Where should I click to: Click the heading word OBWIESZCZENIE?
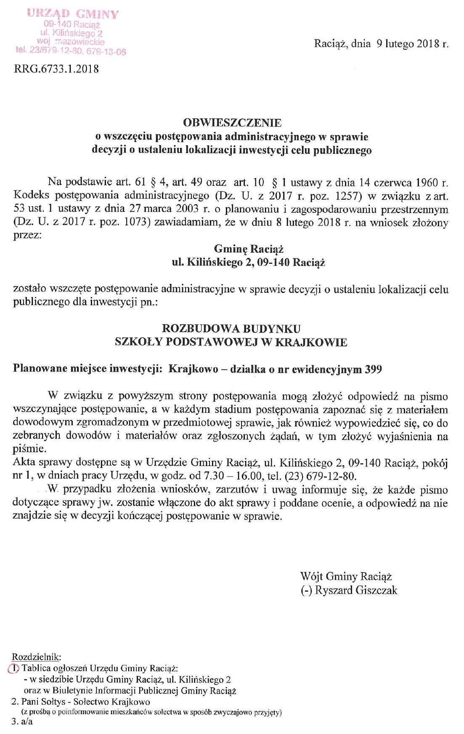pyautogui.click(x=232, y=123)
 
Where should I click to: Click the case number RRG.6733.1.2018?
pyautogui.click(x=56, y=69)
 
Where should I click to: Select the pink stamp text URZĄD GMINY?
pyautogui.click(x=73, y=14)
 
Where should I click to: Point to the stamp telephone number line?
pyautogui.click(x=71, y=51)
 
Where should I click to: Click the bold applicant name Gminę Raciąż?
pyautogui.click(x=249, y=249)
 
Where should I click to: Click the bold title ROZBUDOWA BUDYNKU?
pyautogui.click(x=231, y=329)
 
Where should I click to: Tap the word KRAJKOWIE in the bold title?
pyautogui.click(x=311, y=342)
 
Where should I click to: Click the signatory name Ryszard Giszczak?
pyautogui.click(x=356, y=590)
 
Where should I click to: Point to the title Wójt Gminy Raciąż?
pyautogui.click(x=346, y=576)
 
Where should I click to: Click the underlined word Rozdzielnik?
pyautogui.click(x=36, y=657)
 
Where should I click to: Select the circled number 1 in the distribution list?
pyautogui.click(x=14, y=668)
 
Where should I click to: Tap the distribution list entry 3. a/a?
pyautogui.click(x=22, y=721)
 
